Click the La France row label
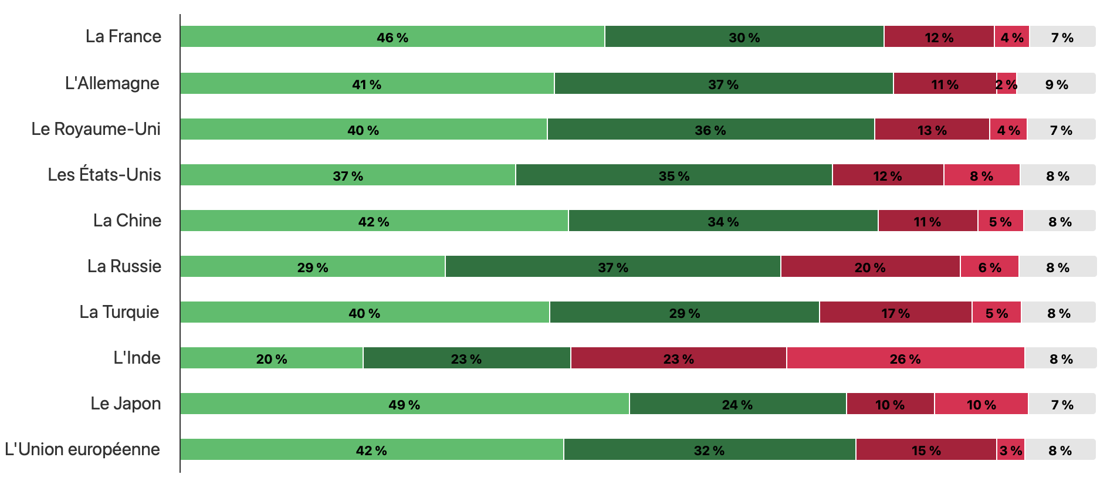point(123,36)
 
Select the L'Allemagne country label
point(112,83)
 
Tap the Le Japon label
point(126,404)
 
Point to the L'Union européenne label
point(82,449)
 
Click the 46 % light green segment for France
point(392,36)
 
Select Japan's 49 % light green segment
point(404,404)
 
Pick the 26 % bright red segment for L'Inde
point(905,358)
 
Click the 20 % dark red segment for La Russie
point(870,266)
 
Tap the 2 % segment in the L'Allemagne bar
point(1007,83)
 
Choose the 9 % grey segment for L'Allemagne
point(1056,83)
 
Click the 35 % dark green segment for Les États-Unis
point(673,175)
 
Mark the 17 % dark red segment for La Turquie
point(895,312)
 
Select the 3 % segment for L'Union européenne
point(1010,449)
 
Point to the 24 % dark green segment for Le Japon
point(737,404)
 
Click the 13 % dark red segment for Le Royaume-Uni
point(932,129)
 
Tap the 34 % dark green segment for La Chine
point(723,221)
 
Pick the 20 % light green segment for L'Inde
point(271,358)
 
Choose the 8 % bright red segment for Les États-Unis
point(981,175)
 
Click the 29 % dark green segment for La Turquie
point(684,312)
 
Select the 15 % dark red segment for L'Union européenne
point(926,449)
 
